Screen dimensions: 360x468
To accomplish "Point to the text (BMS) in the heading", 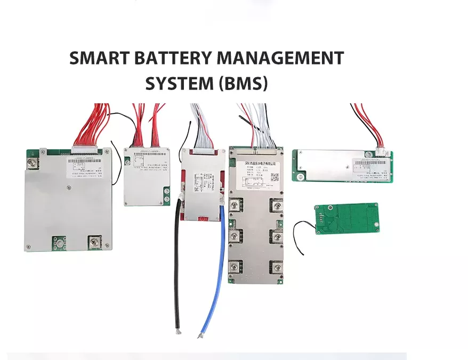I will coord(243,83).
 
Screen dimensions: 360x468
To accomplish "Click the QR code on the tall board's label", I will coord(274,177).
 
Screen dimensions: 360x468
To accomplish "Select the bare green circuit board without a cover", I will coord(347,219).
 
